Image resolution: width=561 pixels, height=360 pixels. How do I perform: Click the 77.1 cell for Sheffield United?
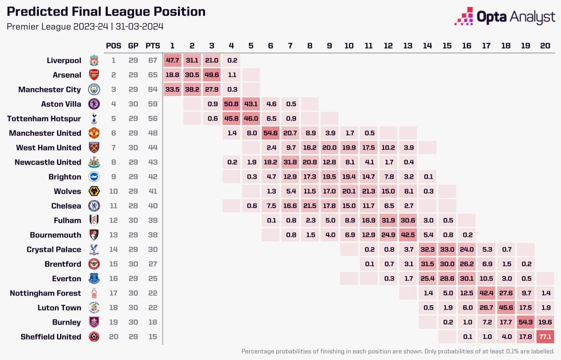[545, 337]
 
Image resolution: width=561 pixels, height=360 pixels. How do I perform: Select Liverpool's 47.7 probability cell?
[172, 60]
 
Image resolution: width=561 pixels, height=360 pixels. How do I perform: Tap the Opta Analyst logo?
[504, 17]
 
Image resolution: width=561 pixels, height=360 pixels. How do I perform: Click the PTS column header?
[153, 46]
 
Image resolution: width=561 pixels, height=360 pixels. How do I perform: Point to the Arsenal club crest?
[94, 75]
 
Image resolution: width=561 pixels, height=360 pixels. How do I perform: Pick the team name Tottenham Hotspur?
[44, 119]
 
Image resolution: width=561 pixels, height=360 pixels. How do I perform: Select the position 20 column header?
[545, 46]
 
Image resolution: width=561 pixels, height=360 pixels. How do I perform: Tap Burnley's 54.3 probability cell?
[525, 322]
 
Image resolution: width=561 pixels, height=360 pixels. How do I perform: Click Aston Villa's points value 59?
[153, 104]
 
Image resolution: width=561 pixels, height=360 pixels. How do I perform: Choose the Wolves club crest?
[94, 191]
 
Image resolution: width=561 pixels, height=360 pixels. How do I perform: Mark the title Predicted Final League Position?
[106, 12]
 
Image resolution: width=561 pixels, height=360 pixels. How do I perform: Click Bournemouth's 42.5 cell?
[408, 235]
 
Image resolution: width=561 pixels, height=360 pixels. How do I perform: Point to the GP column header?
[133, 46]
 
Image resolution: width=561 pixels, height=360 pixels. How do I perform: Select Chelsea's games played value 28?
[133, 206]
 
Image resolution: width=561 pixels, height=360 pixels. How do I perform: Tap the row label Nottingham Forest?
[46, 293]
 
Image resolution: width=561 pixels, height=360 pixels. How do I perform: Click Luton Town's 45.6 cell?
[506, 308]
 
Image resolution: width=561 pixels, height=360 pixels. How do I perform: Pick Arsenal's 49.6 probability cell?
[212, 75]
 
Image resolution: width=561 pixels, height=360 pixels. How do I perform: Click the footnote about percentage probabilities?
[398, 351]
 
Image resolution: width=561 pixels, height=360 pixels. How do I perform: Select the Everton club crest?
[94, 279]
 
